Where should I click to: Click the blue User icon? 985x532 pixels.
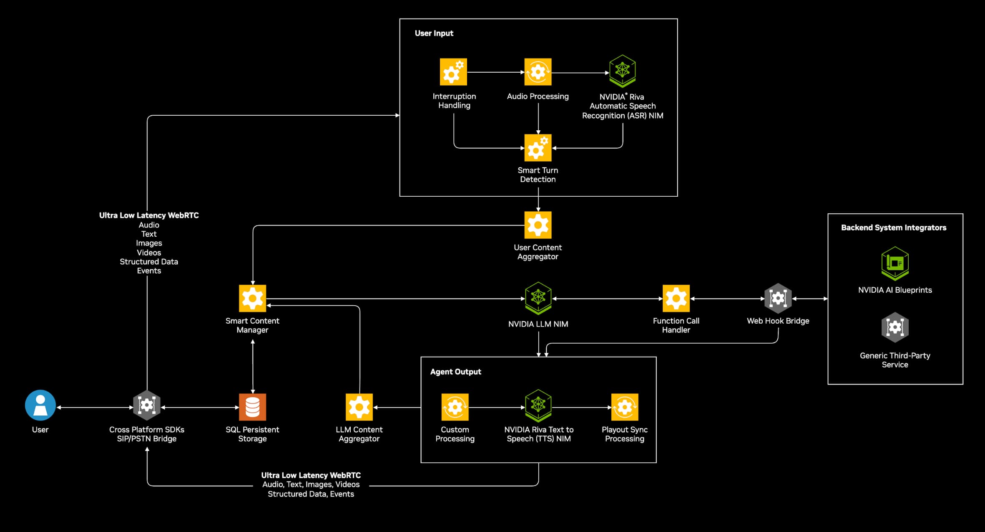(40, 405)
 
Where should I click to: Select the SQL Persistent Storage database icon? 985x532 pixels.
(252, 407)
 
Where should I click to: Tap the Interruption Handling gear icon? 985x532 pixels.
(453, 72)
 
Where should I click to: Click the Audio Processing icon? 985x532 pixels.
(538, 72)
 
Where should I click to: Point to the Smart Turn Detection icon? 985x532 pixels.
(538, 148)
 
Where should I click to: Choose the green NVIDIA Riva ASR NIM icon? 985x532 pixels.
(622, 71)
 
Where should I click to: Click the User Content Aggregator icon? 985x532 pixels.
(538, 225)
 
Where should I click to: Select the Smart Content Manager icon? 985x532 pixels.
(252, 299)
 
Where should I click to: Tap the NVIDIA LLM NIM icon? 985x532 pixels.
(538, 298)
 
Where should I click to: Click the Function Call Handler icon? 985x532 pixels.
(676, 299)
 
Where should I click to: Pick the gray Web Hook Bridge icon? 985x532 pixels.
(778, 299)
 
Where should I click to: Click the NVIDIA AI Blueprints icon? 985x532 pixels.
(895, 263)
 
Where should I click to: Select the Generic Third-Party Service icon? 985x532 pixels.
(895, 327)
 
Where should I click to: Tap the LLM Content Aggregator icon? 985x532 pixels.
(359, 407)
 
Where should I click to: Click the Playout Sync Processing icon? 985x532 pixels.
(624, 407)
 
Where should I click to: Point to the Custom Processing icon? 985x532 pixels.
(455, 407)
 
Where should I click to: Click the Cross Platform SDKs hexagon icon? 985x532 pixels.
(147, 405)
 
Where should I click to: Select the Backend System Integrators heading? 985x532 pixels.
(893, 228)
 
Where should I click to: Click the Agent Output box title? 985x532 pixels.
(455, 372)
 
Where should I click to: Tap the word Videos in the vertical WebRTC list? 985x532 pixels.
(149, 253)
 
